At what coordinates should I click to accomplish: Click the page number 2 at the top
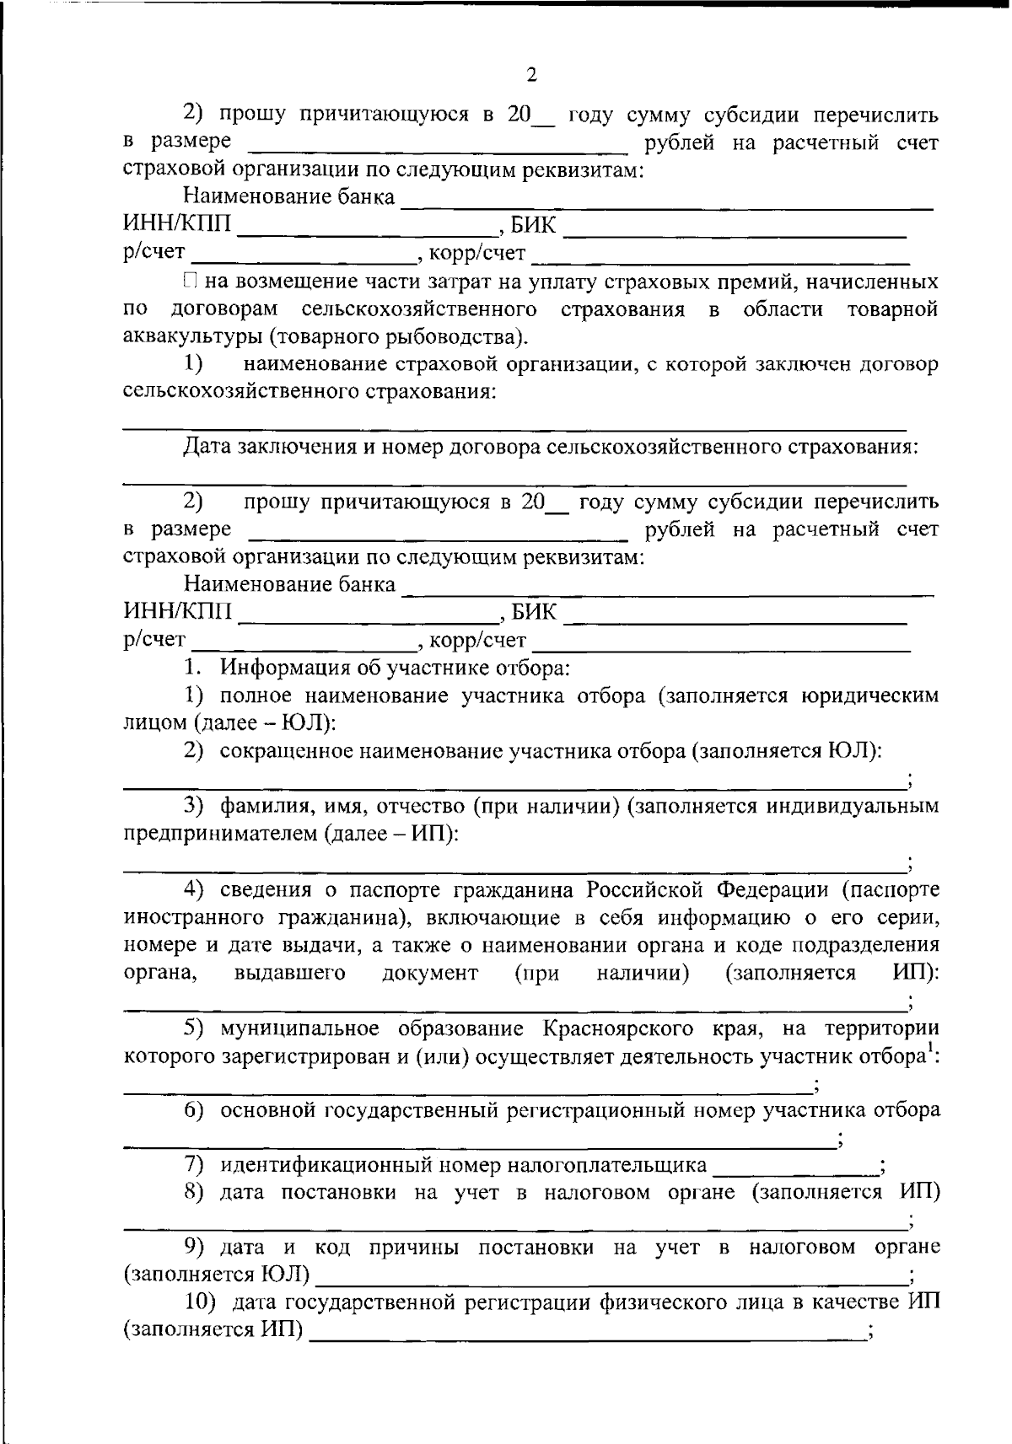click(x=531, y=75)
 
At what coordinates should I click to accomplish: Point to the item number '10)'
click(x=202, y=1302)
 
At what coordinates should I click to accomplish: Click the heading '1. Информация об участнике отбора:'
click(x=378, y=668)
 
